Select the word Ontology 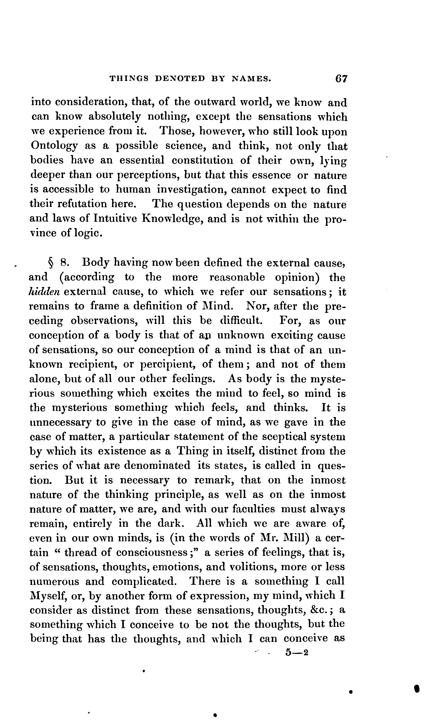(54, 146)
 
